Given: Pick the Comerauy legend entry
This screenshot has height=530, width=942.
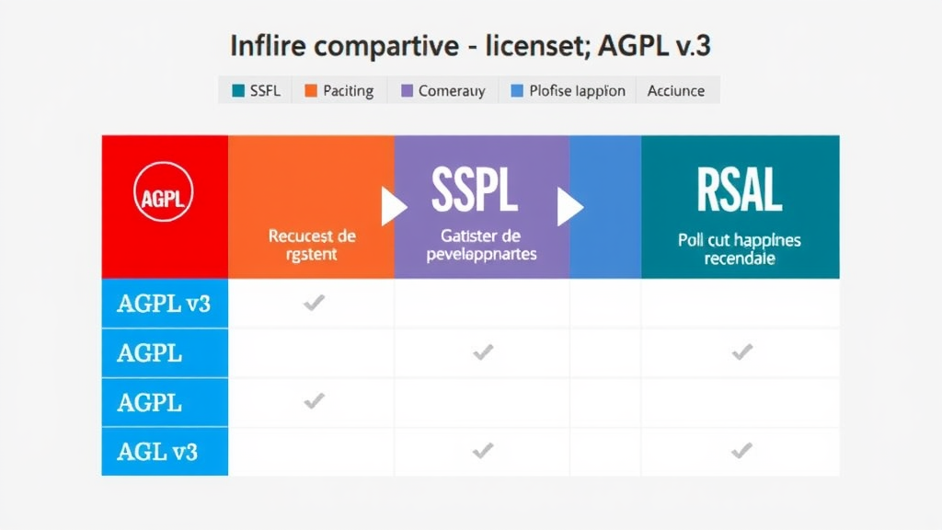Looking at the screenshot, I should (442, 90).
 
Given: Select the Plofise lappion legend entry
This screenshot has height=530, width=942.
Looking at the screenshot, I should (568, 90).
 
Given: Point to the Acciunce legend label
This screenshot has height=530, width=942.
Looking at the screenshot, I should (676, 90).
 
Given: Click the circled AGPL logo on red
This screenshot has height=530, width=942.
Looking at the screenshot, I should (164, 196).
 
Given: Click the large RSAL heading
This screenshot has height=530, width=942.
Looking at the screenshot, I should (740, 190).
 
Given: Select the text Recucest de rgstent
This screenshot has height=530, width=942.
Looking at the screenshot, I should (311, 245).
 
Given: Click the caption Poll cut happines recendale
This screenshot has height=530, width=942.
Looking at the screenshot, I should (740, 249).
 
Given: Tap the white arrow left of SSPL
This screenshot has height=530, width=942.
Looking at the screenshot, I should (394, 207).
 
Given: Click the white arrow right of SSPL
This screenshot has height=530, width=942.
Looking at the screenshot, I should (570, 207).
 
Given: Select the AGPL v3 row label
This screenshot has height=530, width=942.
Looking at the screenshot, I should (164, 304).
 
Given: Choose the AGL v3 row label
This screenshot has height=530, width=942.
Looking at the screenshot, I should (157, 451).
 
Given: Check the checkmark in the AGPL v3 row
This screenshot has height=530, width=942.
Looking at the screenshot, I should (315, 303).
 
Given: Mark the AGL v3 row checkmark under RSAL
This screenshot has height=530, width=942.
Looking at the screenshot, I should (741, 450).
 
